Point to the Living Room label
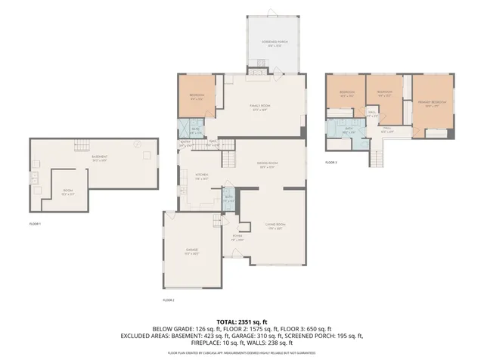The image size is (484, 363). click(x=275, y=225)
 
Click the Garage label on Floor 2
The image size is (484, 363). click(x=192, y=250)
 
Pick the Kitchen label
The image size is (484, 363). click(x=202, y=175)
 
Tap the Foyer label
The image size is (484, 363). click(x=237, y=237)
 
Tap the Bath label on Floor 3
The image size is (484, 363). click(x=349, y=130)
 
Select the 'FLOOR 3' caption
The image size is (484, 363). click(x=331, y=162)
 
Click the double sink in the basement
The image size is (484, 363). click(x=35, y=178)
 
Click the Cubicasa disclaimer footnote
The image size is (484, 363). click(x=241, y=352)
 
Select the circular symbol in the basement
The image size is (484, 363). click(x=137, y=143)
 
